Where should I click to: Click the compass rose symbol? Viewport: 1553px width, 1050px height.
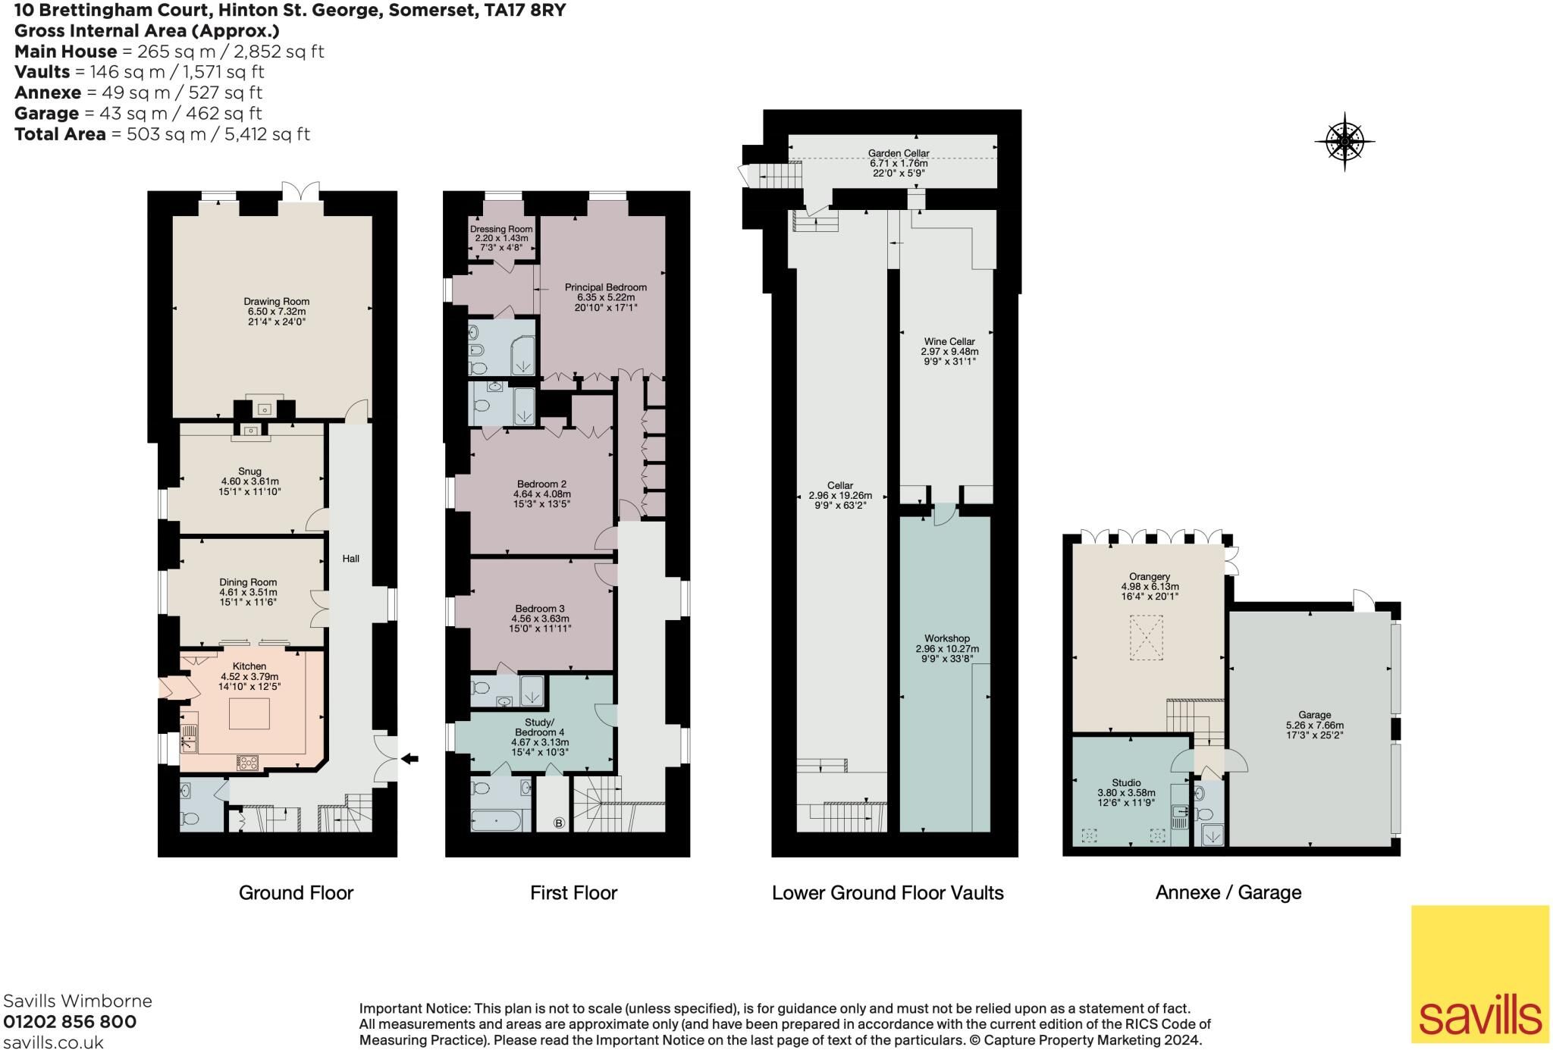(x=1344, y=141)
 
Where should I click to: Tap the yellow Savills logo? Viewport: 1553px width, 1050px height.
(x=1480, y=973)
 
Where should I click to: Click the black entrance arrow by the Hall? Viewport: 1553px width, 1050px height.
(x=409, y=758)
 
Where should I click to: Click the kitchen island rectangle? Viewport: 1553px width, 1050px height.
(x=249, y=713)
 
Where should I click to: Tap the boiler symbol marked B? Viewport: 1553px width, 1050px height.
(x=560, y=823)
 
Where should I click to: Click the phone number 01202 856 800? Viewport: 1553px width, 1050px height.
(x=71, y=1021)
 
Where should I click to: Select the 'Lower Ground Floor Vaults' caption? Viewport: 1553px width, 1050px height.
(x=887, y=893)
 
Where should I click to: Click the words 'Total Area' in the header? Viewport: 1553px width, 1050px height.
(x=60, y=134)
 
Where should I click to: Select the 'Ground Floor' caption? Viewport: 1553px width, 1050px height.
(x=296, y=893)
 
